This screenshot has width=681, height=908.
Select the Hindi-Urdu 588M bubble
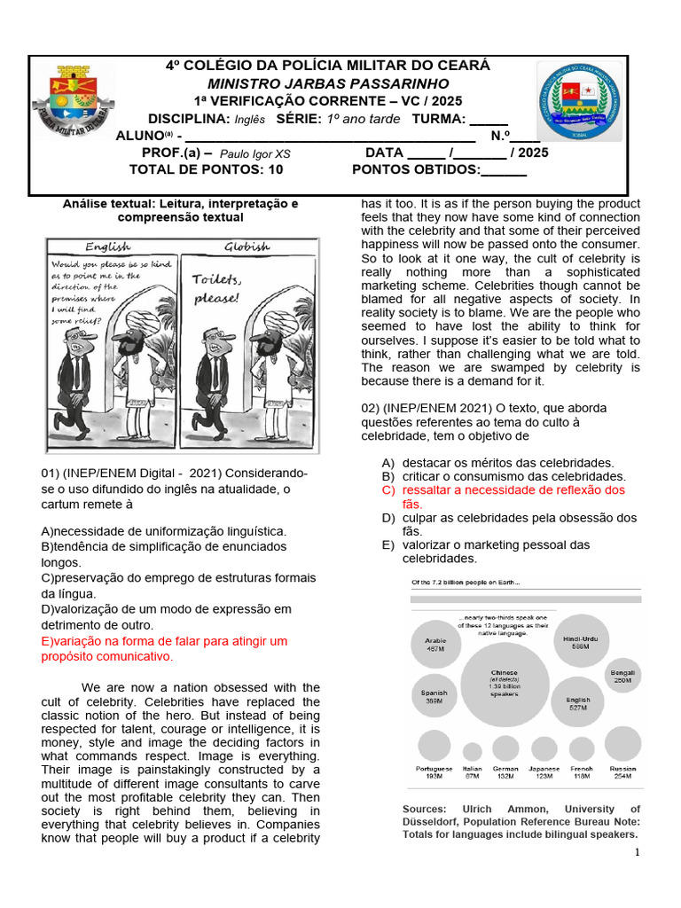(581, 641)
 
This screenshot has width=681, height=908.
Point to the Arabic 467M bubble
(435, 644)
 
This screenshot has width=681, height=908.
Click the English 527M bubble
(578, 704)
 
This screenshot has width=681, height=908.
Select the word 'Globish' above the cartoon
(247, 247)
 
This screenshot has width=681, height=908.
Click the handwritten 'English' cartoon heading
(106, 247)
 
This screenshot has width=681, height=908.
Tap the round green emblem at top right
(580, 102)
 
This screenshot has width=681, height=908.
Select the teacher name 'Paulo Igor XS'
(254, 153)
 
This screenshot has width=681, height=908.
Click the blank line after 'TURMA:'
(489, 120)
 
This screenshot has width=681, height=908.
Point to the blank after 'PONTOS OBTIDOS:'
(504, 170)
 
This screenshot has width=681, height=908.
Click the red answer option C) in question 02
(504, 497)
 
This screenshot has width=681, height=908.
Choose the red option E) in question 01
(164, 648)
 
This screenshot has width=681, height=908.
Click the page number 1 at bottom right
(637, 852)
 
